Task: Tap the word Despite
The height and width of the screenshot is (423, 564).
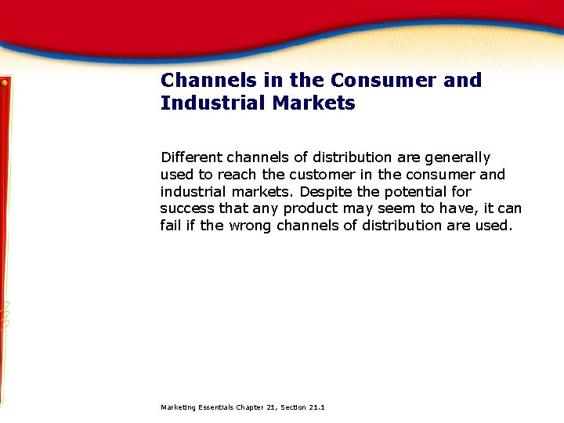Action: pyautogui.click(x=327, y=192)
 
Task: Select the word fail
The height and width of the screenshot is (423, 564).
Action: pyautogui.click(x=169, y=226)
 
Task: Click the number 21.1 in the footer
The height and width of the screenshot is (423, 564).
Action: pyautogui.click(x=317, y=408)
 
